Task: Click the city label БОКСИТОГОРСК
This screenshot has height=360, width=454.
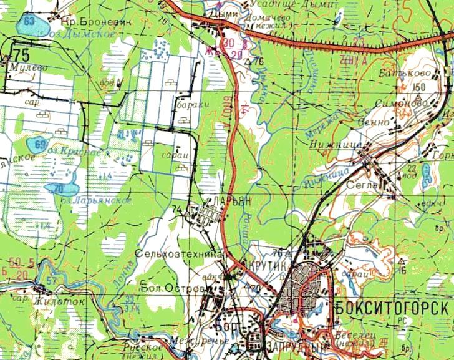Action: (392, 309)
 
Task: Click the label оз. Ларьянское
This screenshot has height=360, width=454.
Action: (102, 200)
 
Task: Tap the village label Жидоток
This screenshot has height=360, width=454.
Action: (62, 300)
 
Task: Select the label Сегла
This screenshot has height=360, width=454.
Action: (368, 186)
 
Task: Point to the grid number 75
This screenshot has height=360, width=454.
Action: (23, 52)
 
